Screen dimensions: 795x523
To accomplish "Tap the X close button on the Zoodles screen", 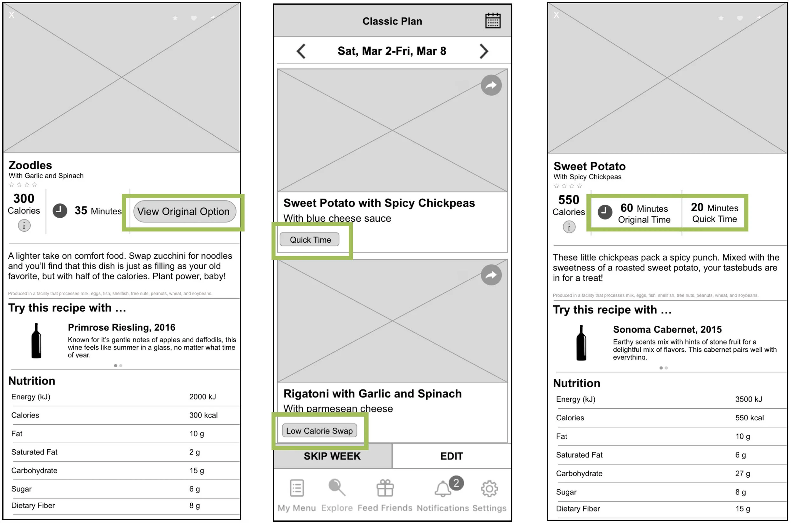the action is pos(12,15).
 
